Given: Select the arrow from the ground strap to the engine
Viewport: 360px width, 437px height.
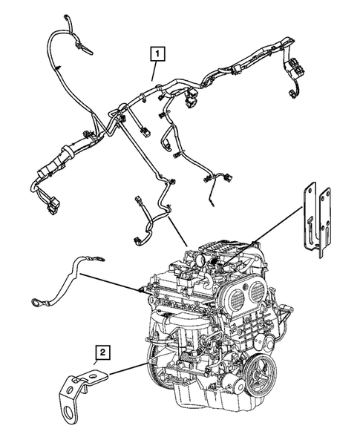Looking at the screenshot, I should point(111,283).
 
